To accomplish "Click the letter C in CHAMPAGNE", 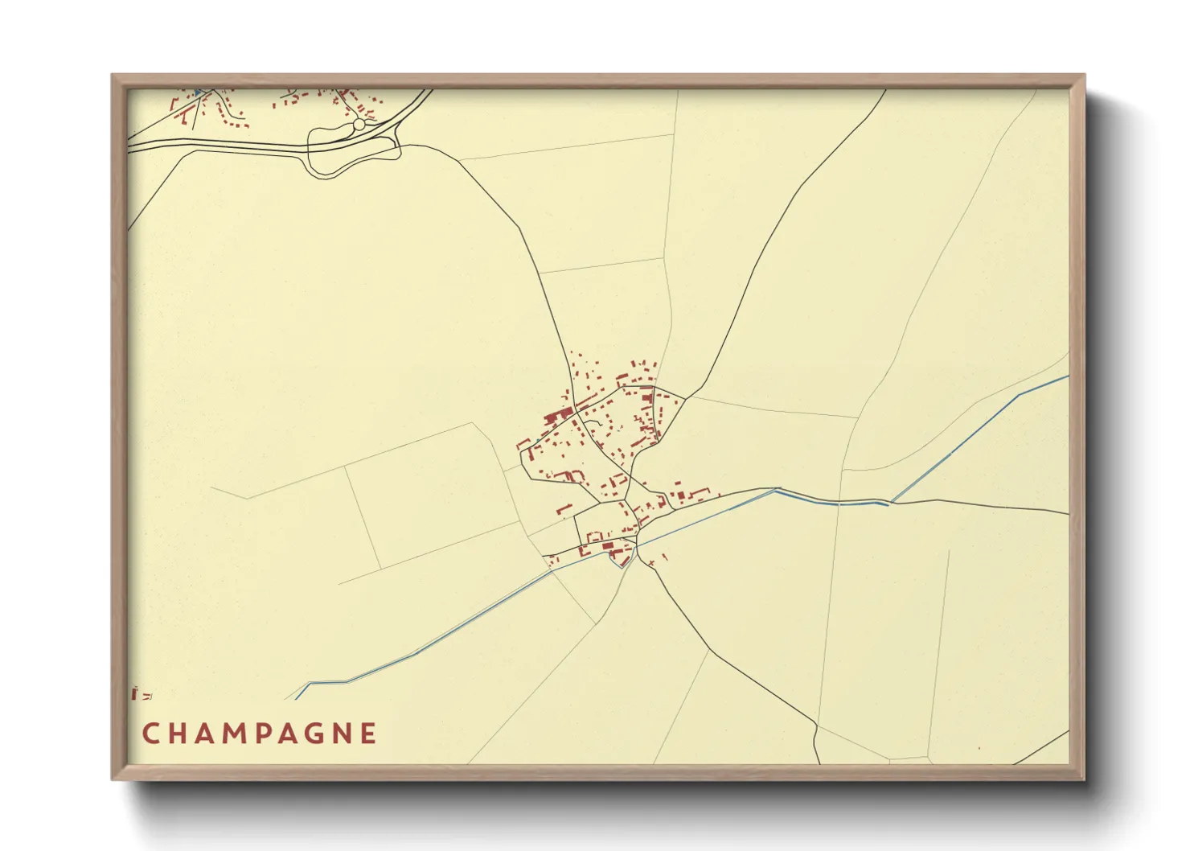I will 150,734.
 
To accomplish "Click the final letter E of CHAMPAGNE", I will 368,734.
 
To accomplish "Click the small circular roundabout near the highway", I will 359,125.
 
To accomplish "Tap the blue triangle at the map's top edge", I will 197,92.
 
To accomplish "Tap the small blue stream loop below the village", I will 622,561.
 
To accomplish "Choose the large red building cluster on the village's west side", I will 555,417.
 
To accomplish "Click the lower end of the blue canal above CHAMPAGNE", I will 297,697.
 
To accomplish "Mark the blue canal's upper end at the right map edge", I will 1067,376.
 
